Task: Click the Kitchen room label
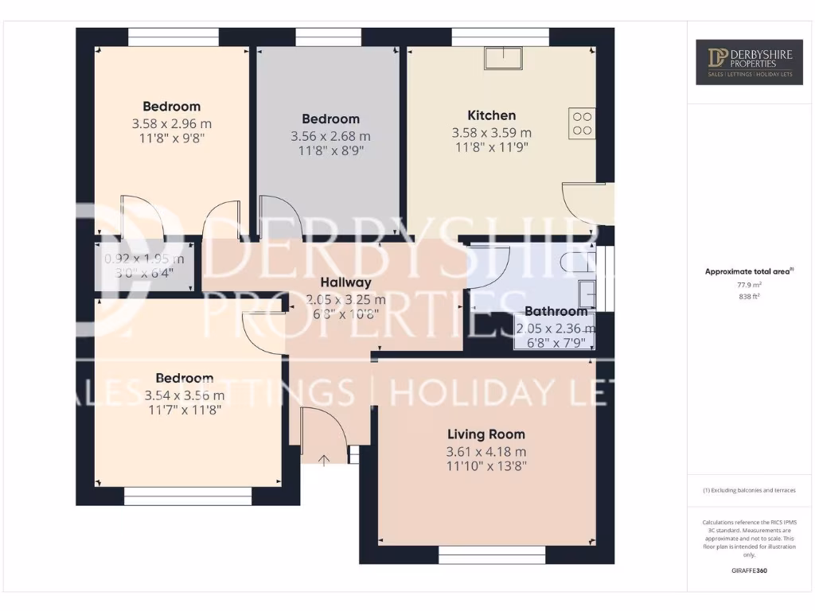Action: tap(491, 115)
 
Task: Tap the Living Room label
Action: tap(485, 434)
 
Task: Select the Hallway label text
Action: tap(345, 282)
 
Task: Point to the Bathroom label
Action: tap(556, 312)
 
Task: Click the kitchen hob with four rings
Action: tap(582, 123)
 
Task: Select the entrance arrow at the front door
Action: tap(324, 460)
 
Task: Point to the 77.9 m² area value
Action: tap(748, 284)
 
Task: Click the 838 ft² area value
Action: tap(748, 296)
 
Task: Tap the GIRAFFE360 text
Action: tap(748, 570)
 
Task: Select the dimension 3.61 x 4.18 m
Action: tap(485, 452)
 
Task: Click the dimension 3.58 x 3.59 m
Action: tap(491, 133)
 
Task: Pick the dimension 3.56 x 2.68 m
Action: tap(330, 137)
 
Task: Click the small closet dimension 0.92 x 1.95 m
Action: tap(144, 259)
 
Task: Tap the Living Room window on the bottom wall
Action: tap(492, 555)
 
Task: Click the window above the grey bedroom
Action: tap(328, 37)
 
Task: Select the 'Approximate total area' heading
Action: tap(748, 271)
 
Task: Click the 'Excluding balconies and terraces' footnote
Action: tap(748, 491)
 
